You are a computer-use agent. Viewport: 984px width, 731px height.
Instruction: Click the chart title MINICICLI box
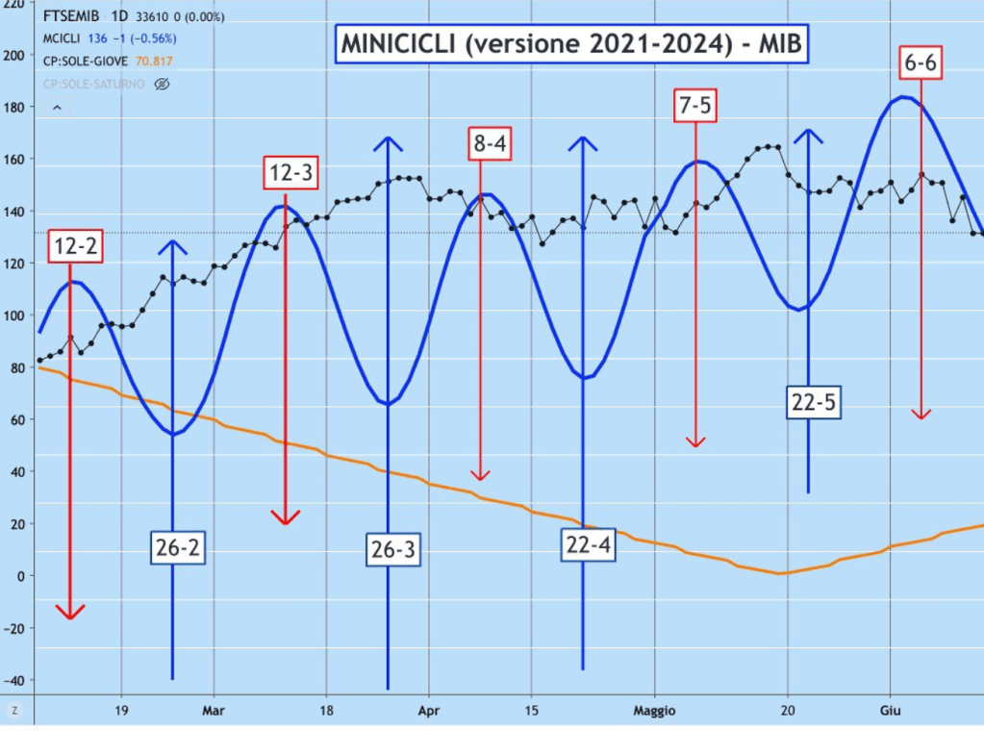coord(569,43)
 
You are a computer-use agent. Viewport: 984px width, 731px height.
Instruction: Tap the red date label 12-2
coord(75,247)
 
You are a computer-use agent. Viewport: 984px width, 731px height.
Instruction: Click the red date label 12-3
coord(290,174)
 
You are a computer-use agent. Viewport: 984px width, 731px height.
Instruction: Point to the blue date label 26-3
coord(392,549)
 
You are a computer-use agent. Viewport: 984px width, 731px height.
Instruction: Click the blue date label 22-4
coord(589,544)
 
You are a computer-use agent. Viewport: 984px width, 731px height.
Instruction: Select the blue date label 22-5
coord(813,403)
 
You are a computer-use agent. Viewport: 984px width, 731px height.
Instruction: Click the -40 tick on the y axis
coord(13,680)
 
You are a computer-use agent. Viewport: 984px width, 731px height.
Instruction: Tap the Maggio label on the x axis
coord(657,711)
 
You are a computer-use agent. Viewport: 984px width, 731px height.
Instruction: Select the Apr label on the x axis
coord(428,711)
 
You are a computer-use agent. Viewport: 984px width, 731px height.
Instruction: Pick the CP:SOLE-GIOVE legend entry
coord(91,61)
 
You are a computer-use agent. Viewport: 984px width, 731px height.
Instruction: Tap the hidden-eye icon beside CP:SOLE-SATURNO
coord(162,84)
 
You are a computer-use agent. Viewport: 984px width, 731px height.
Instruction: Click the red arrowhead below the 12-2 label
coord(70,612)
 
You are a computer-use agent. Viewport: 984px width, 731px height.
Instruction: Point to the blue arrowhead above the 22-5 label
coord(809,136)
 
